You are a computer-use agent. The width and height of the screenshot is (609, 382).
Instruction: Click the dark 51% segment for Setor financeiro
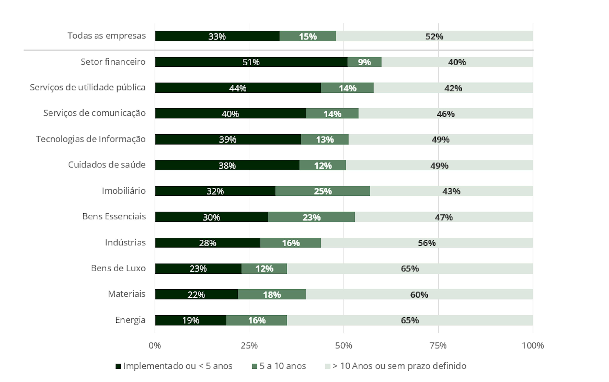tap(251, 62)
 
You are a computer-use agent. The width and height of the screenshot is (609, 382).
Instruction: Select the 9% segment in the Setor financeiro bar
tap(364, 62)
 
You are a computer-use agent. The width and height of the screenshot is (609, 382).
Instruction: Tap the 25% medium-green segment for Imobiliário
tap(323, 191)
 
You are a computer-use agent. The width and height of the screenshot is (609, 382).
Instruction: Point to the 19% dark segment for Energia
tap(191, 320)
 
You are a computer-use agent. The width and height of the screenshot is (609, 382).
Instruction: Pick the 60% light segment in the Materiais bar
tap(419, 294)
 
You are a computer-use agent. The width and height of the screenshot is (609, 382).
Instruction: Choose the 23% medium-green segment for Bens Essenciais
tap(311, 217)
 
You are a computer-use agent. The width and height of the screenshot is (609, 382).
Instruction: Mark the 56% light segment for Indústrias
tap(427, 243)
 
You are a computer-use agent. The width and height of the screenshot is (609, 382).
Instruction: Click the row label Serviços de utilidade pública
tap(88, 87)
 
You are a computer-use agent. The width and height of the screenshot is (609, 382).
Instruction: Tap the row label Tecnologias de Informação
tap(91, 139)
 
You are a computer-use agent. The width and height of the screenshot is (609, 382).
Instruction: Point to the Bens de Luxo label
tap(118, 268)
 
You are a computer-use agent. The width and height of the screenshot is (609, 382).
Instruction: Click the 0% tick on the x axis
tap(155, 345)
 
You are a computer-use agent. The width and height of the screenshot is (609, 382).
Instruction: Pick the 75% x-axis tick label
tap(438, 345)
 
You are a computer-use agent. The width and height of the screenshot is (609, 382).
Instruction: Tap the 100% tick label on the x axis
tap(533, 345)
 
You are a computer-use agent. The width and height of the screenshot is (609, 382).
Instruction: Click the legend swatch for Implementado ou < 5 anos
tap(118, 366)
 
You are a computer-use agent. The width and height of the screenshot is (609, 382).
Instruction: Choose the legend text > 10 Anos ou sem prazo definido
tap(399, 366)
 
